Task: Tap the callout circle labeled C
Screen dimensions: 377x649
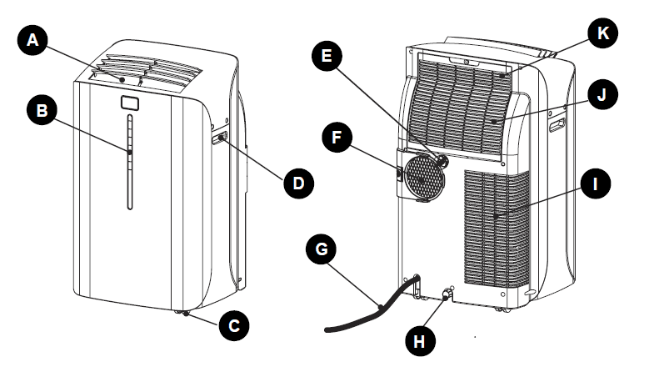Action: (x=234, y=327)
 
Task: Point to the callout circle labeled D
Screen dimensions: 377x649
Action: (x=299, y=182)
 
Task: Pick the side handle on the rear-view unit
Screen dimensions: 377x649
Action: (x=557, y=125)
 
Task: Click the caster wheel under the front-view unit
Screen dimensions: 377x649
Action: (x=183, y=313)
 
